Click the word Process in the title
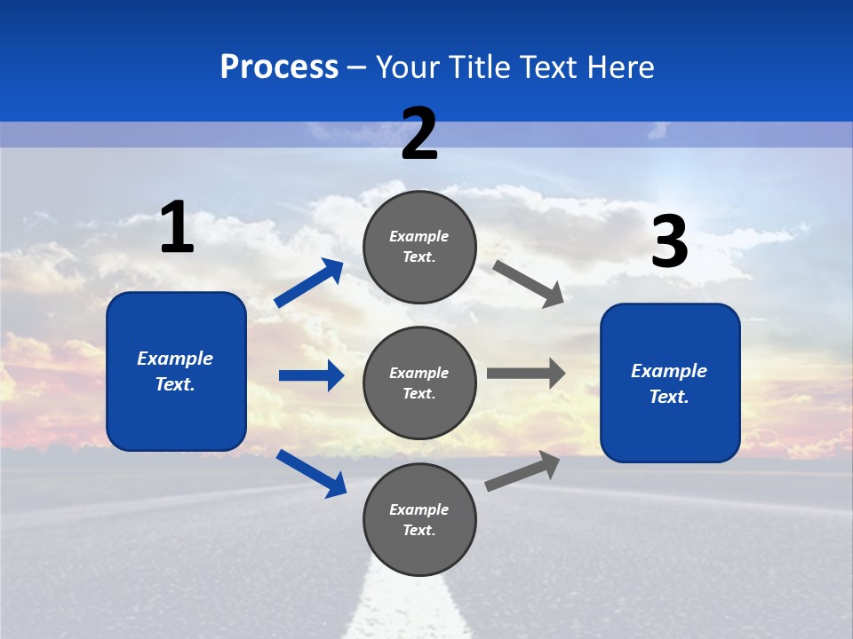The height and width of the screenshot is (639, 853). [279, 67]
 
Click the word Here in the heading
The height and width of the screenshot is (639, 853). [619, 67]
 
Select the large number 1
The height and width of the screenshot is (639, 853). [177, 227]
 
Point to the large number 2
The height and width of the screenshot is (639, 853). [419, 134]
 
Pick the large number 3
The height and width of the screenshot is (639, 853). [669, 241]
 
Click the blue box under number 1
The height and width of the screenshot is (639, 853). [176, 371]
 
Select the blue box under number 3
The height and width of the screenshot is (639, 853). [670, 383]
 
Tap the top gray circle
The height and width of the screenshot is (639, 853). [419, 247]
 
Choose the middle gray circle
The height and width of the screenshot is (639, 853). [419, 383]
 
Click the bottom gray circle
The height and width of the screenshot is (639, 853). [419, 519]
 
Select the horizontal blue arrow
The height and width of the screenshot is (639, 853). [311, 375]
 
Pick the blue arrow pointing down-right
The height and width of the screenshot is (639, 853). [311, 473]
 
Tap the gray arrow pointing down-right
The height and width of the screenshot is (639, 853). [529, 283]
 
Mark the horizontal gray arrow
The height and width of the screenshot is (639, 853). [526, 373]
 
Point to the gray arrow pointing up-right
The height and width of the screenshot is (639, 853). [522, 470]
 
